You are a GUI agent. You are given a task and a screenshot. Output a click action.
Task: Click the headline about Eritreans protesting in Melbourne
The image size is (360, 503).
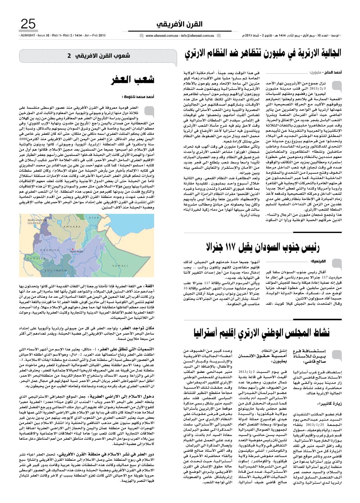[x=262, y=53]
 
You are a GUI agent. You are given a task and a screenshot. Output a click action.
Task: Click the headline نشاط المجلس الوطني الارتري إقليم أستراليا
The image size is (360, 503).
[x=262, y=332]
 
